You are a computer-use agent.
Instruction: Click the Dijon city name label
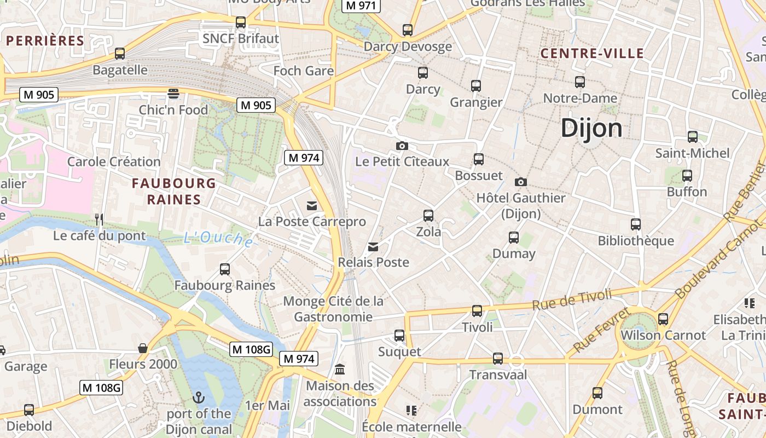pos(591,128)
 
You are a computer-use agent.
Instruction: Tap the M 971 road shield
pos(361,5)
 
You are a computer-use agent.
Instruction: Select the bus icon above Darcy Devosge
pos(408,30)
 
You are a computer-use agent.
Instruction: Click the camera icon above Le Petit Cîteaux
pos(402,146)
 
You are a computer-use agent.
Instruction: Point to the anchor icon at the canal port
pos(199,397)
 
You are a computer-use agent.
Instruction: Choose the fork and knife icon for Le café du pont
pos(99,220)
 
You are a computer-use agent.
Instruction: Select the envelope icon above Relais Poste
pos(373,247)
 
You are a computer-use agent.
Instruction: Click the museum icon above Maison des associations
pos(340,370)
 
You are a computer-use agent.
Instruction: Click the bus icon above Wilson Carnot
pos(663,319)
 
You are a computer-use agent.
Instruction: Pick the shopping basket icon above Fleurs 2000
pos(143,348)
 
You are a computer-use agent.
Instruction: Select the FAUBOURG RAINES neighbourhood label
pos(174,191)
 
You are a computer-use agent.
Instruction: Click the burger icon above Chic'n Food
pos(173,94)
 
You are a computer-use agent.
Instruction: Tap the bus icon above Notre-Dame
pos(580,82)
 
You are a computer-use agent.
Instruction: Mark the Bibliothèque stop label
pos(636,241)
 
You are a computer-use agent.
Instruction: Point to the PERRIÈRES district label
pos(45,41)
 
